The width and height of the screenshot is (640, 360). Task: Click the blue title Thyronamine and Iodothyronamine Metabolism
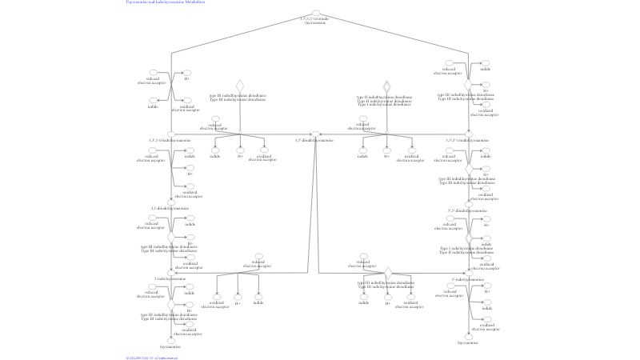point(165,2)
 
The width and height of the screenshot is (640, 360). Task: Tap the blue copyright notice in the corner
point(151,358)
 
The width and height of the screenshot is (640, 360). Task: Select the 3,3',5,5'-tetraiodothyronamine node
point(315,14)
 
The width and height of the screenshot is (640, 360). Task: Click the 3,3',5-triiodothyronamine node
point(170,134)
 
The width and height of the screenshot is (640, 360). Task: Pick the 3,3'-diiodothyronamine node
point(315,134)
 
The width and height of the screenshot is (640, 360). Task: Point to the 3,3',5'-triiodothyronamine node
point(469,134)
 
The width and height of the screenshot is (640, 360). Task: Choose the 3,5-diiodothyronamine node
point(170,203)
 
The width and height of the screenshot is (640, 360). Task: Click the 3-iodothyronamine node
point(170,273)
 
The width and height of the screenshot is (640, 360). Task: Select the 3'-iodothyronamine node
point(469,273)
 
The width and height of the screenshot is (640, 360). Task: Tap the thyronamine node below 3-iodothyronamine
point(170,340)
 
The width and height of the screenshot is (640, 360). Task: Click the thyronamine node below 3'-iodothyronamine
point(469,338)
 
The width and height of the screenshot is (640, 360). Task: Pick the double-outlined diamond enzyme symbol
point(387,86)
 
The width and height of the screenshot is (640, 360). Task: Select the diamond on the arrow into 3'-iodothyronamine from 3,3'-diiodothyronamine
point(387,273)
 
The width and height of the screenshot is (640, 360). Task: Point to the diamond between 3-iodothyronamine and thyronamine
point(170,305)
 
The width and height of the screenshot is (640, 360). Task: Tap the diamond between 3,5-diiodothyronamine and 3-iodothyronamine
point(170,237)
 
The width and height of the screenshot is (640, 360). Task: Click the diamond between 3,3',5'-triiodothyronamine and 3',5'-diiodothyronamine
point(469,169)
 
